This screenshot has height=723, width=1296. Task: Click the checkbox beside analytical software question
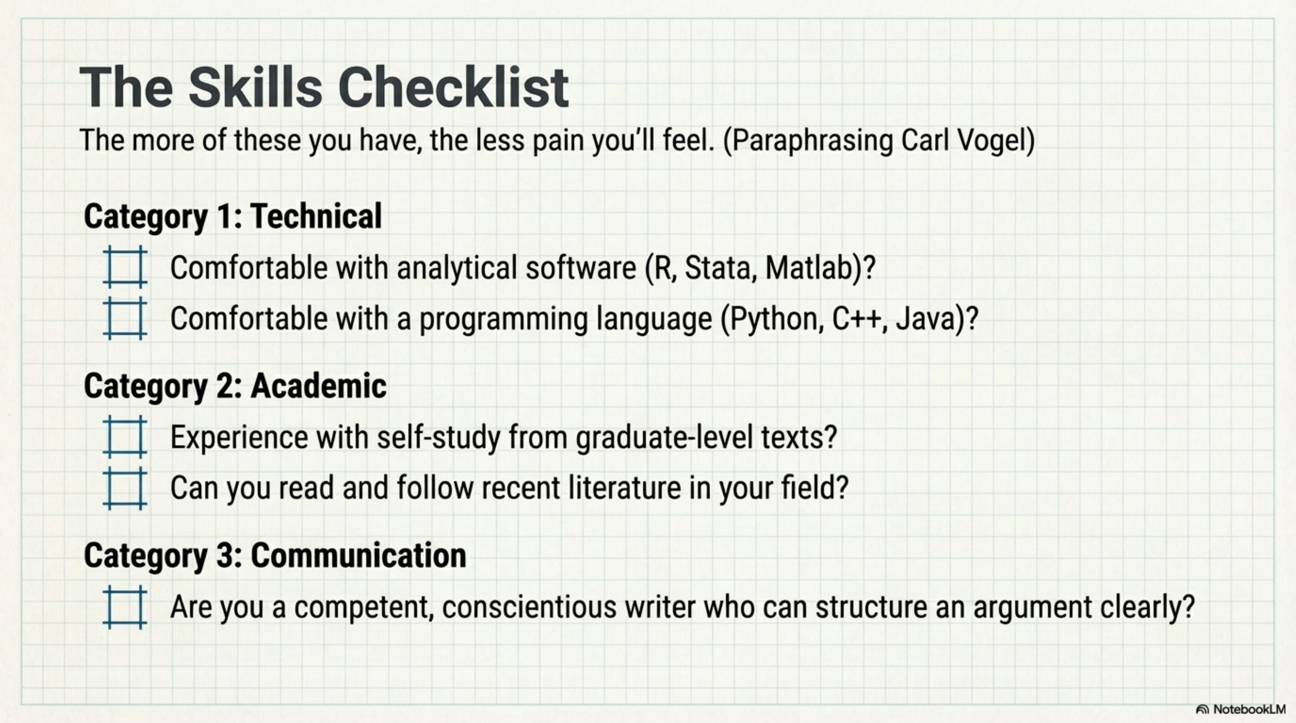coord(125,267)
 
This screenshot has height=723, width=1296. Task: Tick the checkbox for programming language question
coord(125,318)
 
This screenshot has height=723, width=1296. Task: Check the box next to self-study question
coord(125,437)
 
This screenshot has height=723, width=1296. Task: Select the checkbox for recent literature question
coord(125,488)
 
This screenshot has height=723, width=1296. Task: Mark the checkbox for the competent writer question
coord(125,607)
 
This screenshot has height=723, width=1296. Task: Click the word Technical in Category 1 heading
coord(316,216)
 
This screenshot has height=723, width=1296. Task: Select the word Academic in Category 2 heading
coord(319,386)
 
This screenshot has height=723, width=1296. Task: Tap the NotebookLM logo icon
coord(1202,709)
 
